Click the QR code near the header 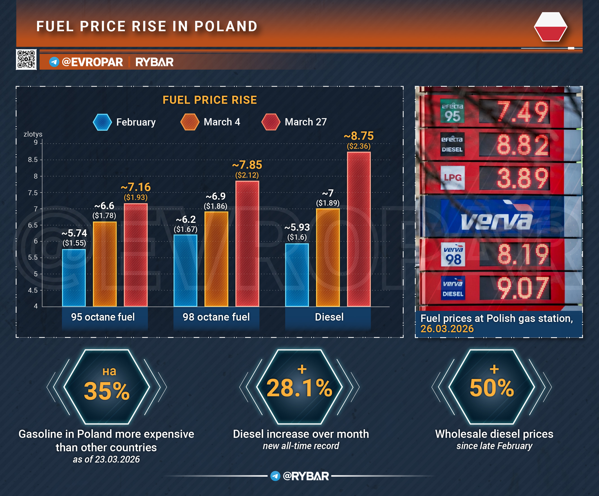coord(26,59)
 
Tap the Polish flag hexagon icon coord(550,27)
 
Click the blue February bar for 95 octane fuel coord(74,278)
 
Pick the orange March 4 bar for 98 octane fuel coord(216,259)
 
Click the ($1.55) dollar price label coord(74,243)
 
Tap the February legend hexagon coord(102,122)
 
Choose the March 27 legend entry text coord(305,122)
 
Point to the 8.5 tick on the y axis coord(33,160)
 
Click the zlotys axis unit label coord(33,134)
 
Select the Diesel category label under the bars coord(329,317)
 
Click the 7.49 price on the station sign coord(522,111)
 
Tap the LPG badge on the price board coord(453,178)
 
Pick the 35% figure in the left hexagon coord(107,391)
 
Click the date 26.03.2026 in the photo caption coord(447,329)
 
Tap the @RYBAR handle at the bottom coord(305,476)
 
